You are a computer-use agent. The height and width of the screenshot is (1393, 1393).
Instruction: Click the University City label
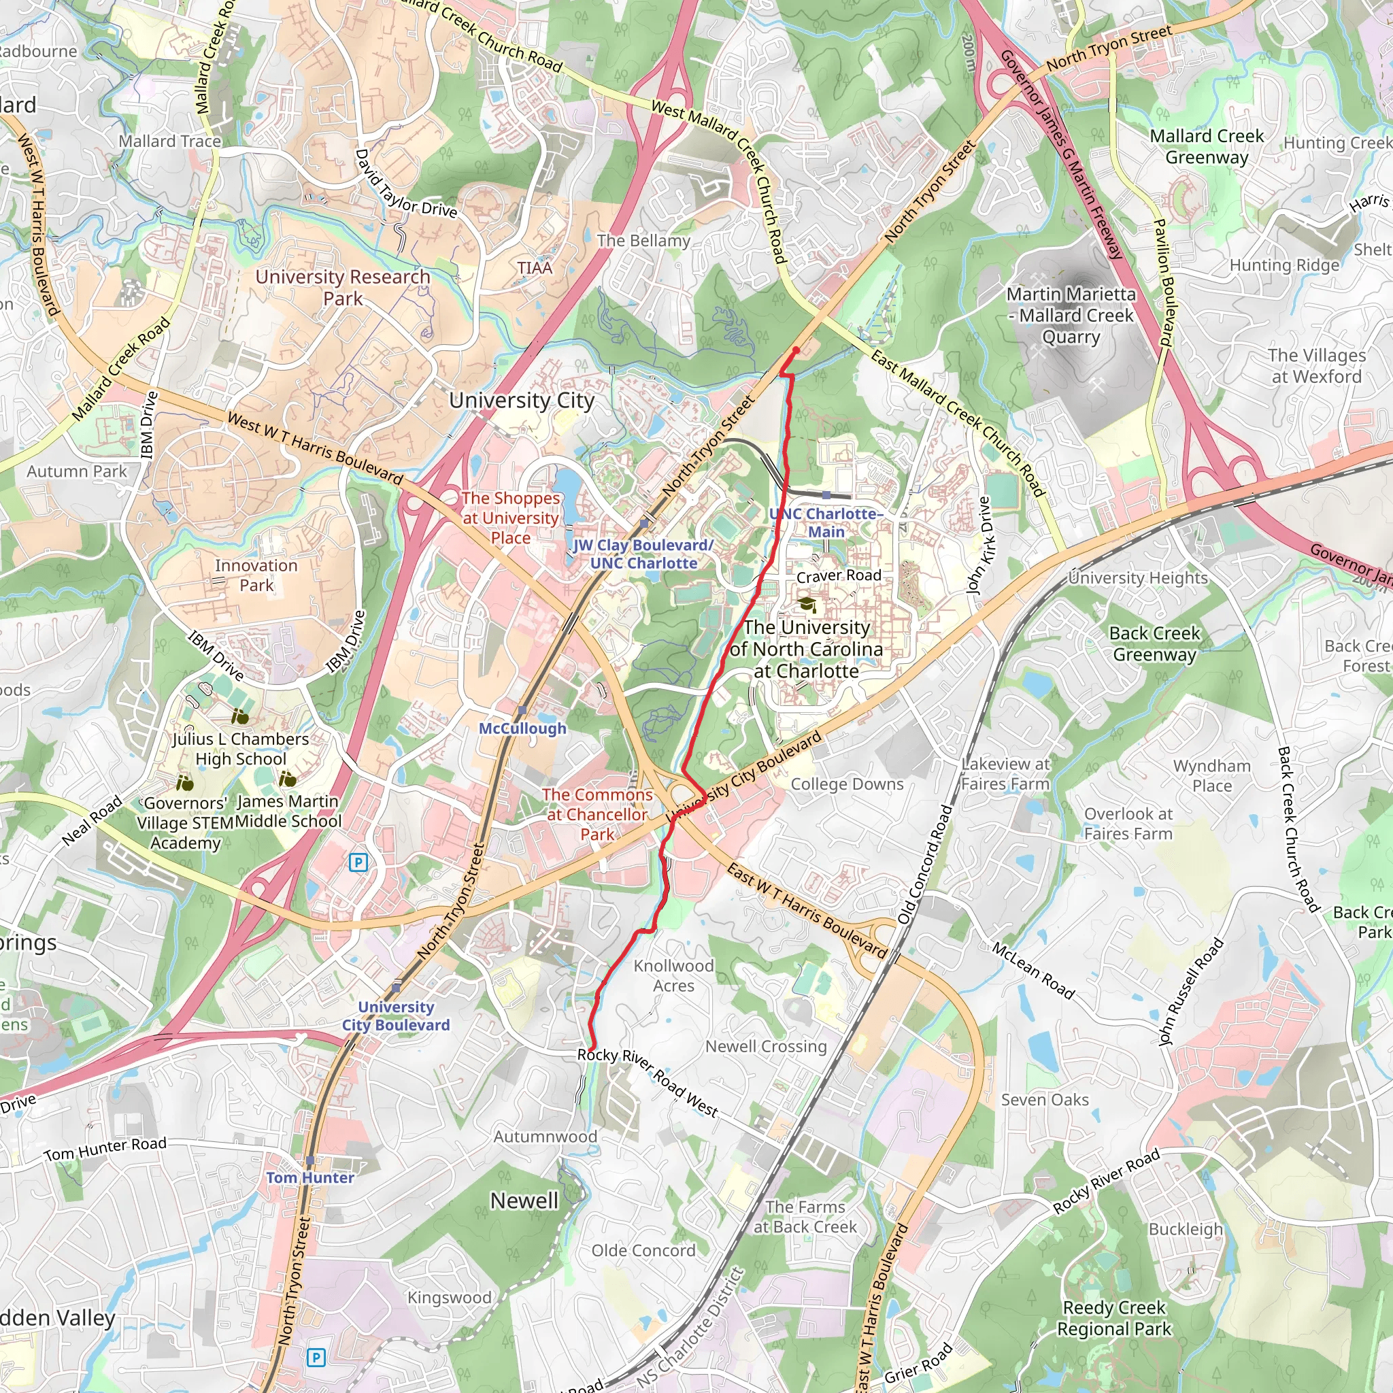521,400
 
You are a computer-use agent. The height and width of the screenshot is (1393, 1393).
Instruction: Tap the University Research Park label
343,287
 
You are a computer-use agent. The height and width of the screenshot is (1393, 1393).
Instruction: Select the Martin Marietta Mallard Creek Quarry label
1071,315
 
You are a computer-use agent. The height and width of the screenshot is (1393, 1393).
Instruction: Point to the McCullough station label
523,728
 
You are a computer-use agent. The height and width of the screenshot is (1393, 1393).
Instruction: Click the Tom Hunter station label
310,1177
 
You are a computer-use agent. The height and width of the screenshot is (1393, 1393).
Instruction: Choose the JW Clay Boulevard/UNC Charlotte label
643,554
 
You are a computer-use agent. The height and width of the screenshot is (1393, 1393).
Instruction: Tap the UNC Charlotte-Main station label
826,522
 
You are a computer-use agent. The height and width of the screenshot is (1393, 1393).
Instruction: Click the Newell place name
524,1201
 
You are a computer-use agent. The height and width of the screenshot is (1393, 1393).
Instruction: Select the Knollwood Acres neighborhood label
673,975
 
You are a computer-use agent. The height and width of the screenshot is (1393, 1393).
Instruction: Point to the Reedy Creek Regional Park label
1114,1318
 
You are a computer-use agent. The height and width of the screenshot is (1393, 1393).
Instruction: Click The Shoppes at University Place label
511,518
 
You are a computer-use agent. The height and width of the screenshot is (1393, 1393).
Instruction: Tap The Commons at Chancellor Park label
597,814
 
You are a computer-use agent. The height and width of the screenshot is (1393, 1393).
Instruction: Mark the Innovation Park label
256,575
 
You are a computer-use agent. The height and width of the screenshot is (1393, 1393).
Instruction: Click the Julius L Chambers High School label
241,748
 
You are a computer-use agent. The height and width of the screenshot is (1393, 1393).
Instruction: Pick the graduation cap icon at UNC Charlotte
807,603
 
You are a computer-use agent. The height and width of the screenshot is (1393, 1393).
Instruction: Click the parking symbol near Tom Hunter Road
316,1358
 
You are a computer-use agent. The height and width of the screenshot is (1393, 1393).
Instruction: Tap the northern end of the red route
796,350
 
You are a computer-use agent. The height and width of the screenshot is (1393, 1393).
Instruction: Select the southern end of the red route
591,1048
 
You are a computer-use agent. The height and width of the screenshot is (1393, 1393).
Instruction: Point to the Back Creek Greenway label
1154,643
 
